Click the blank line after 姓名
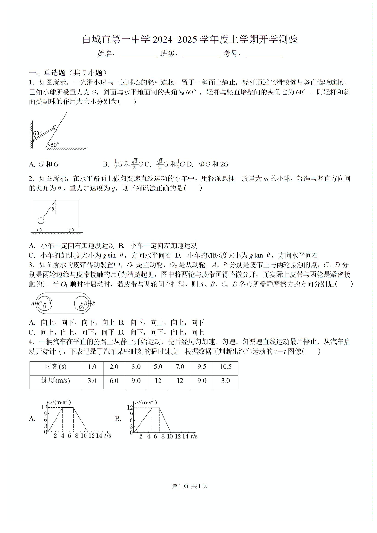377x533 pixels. tap(138, 54)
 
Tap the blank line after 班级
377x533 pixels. tap(200, 54)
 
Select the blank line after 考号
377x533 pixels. tap(264, 54)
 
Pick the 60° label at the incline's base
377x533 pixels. tap(54, 145)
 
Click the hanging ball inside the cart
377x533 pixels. tap(41, 220)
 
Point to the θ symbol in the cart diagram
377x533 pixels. tap(53, 209)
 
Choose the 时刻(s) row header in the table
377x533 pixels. tap(55, 367)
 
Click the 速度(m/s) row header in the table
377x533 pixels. tap(55, 381)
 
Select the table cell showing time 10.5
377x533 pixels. tap(226, 367)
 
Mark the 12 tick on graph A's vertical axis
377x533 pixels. tap(45, 407)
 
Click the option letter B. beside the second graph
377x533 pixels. tap(118, 419)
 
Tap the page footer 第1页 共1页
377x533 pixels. tap(188, 486)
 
